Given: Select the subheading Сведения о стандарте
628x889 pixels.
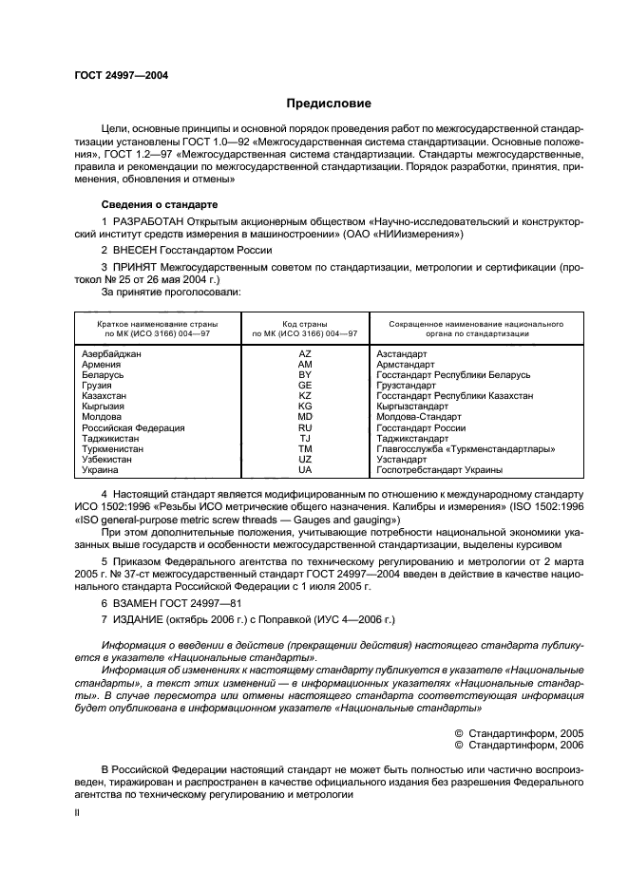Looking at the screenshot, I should point(160,204).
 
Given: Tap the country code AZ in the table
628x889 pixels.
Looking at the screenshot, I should point(305,353).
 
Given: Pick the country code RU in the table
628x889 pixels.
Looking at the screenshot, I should point(305,427).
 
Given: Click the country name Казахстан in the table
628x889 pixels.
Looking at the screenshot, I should point(105,395).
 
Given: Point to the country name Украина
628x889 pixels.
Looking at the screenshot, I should point(101,469).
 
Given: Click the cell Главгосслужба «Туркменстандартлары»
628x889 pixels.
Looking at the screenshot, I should point(466,448).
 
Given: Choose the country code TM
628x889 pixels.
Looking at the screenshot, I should point(305,448).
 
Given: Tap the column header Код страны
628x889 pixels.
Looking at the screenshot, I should point(305,323).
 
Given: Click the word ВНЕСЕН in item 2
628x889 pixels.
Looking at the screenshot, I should point(137,250).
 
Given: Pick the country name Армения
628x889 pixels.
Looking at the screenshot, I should point(102,364).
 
